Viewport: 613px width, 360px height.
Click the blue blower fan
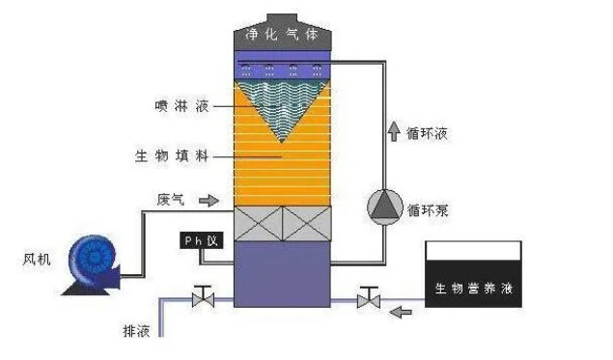(92, 265)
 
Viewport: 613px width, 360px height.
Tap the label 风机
(37, 260)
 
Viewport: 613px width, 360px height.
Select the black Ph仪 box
(202, 240)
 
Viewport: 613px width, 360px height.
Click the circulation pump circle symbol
(384, 208)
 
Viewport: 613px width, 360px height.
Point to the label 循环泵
(428, 210)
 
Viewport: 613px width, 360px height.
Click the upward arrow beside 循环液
(394, 131)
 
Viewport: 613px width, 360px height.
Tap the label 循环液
(427, 134)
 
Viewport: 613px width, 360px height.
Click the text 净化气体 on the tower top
(282, 35)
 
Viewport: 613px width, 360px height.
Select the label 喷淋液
(182, 106)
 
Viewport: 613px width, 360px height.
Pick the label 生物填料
(172, 156)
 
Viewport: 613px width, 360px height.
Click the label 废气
(171, 200)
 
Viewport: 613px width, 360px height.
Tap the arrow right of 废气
(209, 201)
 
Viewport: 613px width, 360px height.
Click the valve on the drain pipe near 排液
(204, 297)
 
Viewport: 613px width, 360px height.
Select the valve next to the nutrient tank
(368, 297)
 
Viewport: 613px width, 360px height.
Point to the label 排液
(136, 331)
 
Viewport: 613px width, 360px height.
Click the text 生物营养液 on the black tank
(474, 289)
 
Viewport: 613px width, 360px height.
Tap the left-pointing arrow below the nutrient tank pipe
(401, 312)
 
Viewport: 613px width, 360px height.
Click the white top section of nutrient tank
(473, 251)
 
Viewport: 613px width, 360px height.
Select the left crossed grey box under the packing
(258, 224)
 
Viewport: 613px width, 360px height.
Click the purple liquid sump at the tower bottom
(282, 274)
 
